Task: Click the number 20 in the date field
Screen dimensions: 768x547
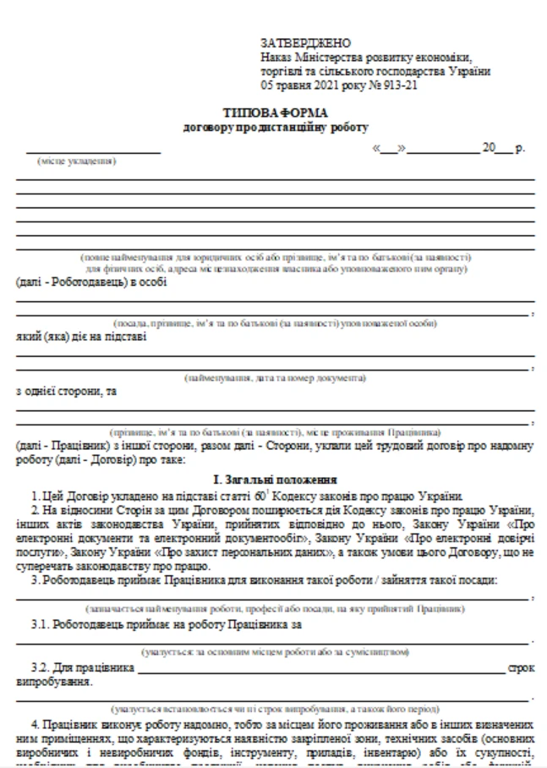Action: coord(490,147)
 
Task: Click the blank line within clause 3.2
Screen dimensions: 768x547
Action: coord(321,672)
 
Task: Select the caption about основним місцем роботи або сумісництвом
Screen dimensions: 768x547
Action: coord(276,652)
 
